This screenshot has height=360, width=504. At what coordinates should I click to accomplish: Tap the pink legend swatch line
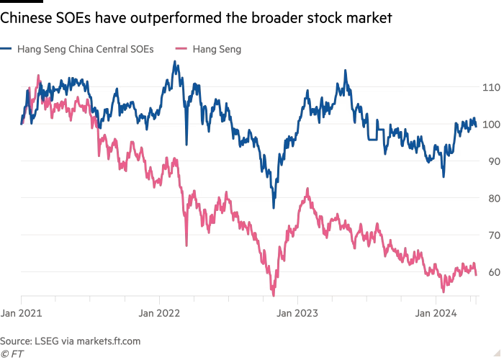[x=182, y=49]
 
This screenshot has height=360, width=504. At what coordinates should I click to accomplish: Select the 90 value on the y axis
[x=492, y=161]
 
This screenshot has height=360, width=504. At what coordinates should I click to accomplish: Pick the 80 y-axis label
[x=492, y=198]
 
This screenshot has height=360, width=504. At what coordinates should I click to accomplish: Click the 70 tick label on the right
[x=492, y=235]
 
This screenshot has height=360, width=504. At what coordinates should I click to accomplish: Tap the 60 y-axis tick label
[x=492, y=272]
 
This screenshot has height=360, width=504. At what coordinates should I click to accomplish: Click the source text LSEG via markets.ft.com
[x=70, y=340]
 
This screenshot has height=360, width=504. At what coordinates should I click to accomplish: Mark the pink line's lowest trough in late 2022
[x=274, y=294]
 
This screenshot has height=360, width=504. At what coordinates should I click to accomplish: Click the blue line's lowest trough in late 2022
[x=274, y=207]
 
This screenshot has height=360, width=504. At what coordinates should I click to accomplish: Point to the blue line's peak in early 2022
[x=174, y=63]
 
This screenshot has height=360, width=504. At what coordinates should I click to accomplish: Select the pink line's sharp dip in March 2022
[x=186, y=245]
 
